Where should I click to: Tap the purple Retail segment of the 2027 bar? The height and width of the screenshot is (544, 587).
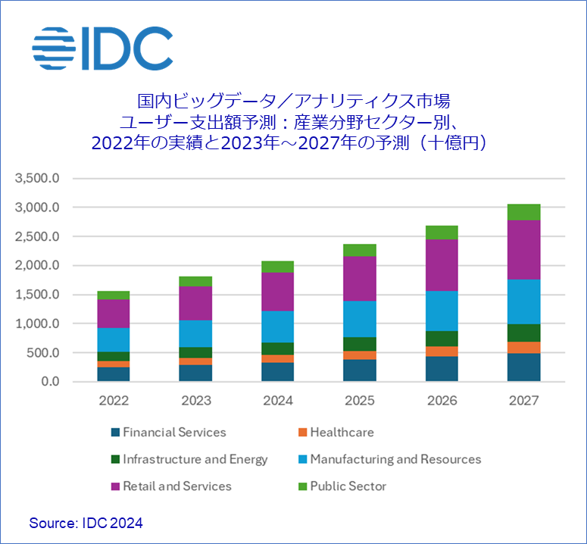pyautogui.click(x=524, y=250)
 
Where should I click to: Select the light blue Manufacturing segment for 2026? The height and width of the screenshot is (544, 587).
pyautogui.click(x=442, y=311)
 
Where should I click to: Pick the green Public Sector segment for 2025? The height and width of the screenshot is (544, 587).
pyautogui.click(x=360, y=250)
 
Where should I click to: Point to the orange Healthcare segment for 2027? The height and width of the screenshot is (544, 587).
pyautogui.click(x=524, y=348)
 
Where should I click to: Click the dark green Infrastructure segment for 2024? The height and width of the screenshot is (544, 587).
pyautogui.click(x=277, y=349)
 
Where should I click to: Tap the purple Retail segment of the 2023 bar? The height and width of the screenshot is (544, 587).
pyautogui.click(x=195, y=303)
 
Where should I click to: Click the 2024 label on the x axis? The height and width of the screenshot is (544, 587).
pyautogui.click(x=277, y=401)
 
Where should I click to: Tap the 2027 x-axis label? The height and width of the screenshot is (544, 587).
pyautogui.click(x=524, y=401)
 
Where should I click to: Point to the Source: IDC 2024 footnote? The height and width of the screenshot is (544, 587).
pyautogui.click(x=86, y=523)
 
